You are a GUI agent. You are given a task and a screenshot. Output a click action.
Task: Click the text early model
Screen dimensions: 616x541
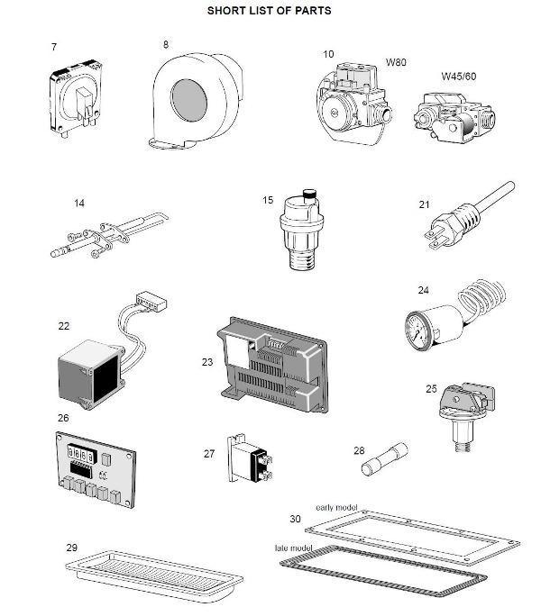point(337,506)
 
